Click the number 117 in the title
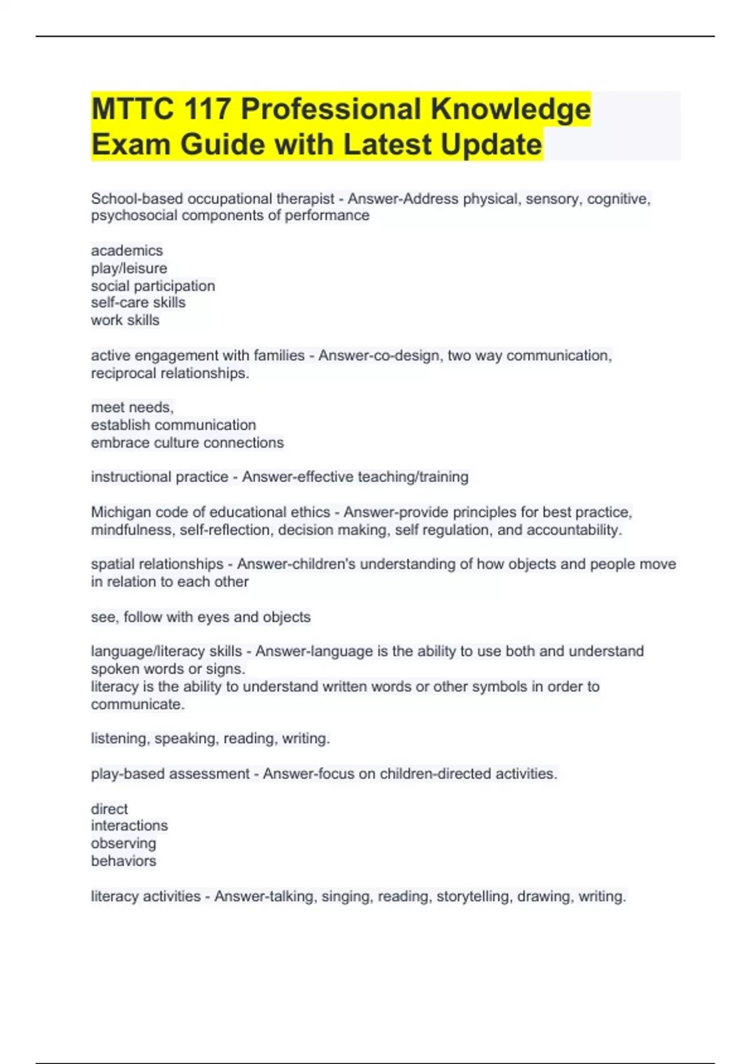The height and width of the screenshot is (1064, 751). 207,109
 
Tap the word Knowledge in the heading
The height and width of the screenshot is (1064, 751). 510,109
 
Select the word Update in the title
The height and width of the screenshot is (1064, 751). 491,145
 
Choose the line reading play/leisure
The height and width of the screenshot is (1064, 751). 129,269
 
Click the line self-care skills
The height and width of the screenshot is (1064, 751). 138,303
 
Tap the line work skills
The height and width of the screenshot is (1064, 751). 125,320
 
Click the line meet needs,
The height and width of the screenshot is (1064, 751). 132,407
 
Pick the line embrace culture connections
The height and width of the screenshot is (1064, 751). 187,443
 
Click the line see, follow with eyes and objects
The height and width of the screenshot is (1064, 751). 200,617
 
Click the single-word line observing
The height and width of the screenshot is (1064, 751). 123,844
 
